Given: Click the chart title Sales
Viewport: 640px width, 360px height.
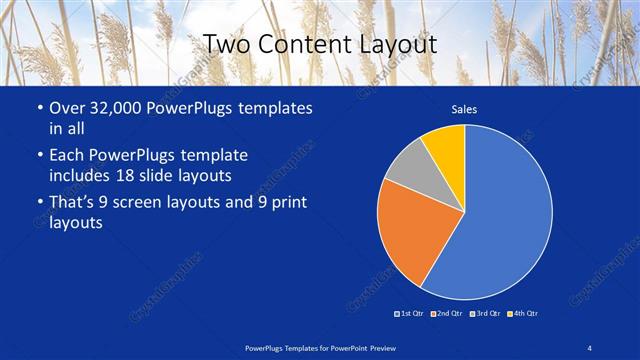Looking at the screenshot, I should click(464, 108).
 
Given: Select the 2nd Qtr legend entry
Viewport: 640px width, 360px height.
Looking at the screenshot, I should click(446, 314).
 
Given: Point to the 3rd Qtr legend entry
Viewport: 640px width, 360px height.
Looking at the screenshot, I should click(484, 314).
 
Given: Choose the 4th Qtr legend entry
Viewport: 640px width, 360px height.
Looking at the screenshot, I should click(522, 314).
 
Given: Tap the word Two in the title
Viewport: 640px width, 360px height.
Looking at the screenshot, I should click(227, 44).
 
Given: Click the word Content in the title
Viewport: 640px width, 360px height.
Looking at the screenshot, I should click(299, 44).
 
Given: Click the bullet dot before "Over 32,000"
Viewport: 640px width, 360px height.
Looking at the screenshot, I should click(38, 108).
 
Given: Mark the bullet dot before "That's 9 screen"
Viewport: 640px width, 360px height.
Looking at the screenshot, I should click(38, 204).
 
